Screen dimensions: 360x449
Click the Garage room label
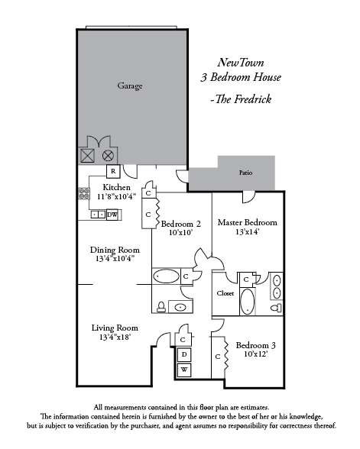[130, 86]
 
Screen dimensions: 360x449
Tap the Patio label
[245, 173]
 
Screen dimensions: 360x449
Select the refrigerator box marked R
[113, 171]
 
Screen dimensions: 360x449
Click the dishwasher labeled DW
[112, 215]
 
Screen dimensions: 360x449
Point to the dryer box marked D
[184, 354]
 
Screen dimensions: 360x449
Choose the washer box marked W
[184, 370]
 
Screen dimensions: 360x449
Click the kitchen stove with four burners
[84, 193]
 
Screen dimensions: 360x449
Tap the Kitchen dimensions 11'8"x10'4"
[116, 196]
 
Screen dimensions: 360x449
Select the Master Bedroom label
[248, 222]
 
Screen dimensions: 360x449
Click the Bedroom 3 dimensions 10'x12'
[255, 354]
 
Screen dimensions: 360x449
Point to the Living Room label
[115, 328]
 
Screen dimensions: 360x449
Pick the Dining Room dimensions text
[115, 259]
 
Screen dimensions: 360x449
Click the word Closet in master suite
[225, 293]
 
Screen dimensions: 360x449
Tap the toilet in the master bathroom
[277, 308]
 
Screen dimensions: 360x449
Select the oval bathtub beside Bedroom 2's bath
[166, 276]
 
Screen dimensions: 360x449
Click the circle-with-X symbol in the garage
[108, 156]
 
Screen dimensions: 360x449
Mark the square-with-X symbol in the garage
[87, 156]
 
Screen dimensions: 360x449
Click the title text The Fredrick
[241, 99]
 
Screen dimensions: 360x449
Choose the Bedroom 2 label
[180, 224]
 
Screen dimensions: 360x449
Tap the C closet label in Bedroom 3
[218, 357]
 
